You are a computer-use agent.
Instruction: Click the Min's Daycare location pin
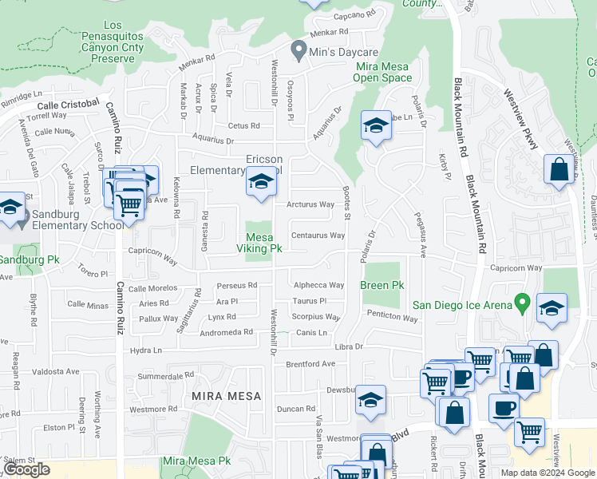(299, 51)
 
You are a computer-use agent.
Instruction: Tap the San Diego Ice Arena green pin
(522, 303)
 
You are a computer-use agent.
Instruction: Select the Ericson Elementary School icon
(260, 183)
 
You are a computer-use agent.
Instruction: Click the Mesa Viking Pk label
(259, 243)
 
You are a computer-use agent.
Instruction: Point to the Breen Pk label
(382, 285)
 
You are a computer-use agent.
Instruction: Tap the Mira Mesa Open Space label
(384, 72)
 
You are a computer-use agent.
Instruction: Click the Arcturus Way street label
(311, 204)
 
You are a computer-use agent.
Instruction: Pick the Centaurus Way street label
(318, 236)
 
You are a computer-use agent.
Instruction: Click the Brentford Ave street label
(310, 364)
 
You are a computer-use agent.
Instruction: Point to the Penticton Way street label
(393, 319)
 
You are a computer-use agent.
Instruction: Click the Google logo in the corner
(26, 469)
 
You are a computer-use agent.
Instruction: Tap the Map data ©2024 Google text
(548, 473)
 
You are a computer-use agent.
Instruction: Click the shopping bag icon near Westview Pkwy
(559, 169)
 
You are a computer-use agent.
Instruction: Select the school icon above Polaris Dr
(376, 126)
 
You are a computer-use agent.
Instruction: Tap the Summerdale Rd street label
(166, 376)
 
